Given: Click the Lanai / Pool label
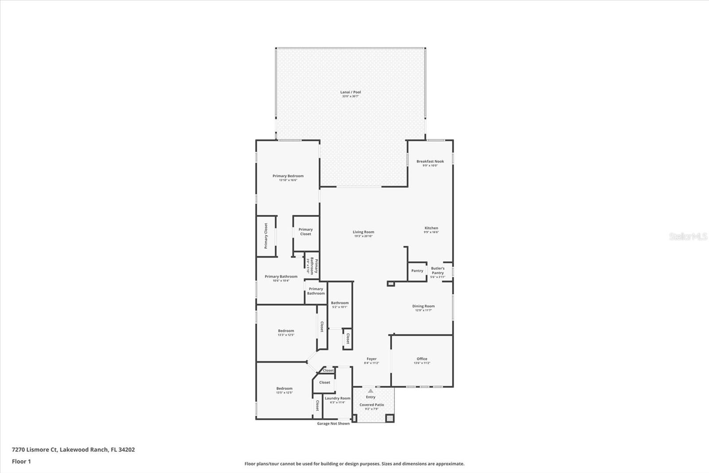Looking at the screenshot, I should (351, 92).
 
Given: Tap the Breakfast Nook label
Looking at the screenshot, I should (430, 162).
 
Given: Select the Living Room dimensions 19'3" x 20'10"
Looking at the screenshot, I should (363, 236).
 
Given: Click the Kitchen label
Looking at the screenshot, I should (431, 228).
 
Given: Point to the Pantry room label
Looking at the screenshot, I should (417, 271).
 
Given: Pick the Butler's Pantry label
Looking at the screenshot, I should (437, 271).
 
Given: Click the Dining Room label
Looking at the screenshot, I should (423, 306).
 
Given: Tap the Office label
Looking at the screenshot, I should (422, 359).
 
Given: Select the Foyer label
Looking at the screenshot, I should (371, 359).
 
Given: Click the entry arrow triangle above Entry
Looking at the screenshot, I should (370, 391).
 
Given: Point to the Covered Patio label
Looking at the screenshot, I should (371, 405).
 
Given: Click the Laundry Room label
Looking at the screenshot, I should (337, 398).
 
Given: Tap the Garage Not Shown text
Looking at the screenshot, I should (333, 423).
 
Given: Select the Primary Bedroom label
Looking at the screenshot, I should (288, 176).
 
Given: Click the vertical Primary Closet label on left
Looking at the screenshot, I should (266, 236).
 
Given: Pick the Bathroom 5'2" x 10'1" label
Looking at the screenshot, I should (340, 303).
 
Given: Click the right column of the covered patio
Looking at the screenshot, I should (390, 418).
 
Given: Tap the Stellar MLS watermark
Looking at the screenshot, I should (688, 236).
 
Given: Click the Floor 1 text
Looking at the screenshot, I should (21, 461).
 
